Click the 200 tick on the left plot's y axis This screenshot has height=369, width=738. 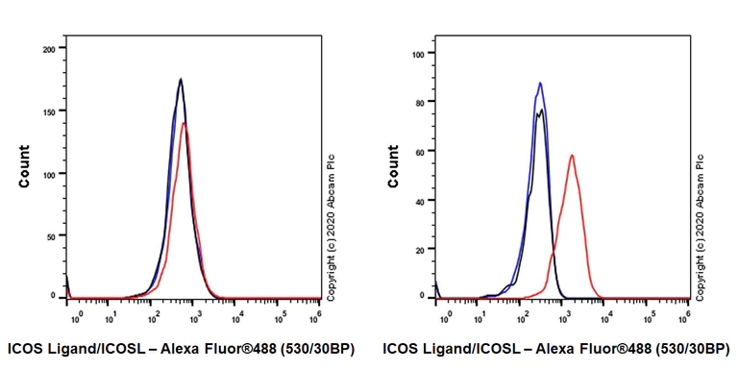(x=54, y=48)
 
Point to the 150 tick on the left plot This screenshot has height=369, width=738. (x=54, y=111)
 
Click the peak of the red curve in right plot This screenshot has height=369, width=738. (x=572, y=155)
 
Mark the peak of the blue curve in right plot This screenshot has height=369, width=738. (x=540, y=83)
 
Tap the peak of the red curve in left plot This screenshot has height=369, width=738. (x=184, y=122)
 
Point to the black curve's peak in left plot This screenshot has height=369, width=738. (x=180, y=79)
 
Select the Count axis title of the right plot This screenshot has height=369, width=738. (x=393, y=165)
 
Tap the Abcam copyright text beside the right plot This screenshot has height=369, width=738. (x=700, y=227)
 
